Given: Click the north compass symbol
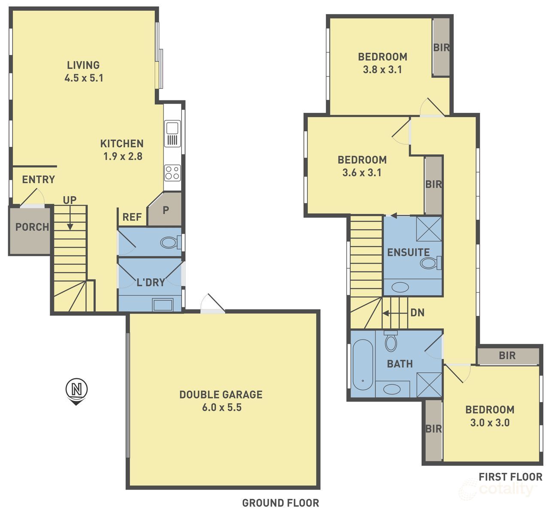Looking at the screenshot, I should [76, 390].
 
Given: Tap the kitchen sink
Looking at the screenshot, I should [172, 128].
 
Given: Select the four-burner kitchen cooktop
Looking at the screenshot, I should [172, 173].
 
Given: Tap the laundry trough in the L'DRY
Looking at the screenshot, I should [163, 305].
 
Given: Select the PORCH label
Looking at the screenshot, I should [32, 227].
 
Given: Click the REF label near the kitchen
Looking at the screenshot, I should [132, 217].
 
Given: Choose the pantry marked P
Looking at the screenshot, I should [166, 210].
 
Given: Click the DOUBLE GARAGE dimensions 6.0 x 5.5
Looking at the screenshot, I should [221, 408].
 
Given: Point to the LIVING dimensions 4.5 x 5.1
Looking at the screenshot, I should [84, 78].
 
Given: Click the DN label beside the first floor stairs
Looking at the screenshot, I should [417, 313].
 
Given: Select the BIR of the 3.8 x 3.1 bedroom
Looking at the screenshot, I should [441, 47].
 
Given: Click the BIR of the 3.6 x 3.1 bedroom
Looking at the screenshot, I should [434, 185].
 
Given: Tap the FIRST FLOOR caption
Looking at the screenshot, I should [510, 476].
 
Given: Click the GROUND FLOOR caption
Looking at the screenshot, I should [280, 503].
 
